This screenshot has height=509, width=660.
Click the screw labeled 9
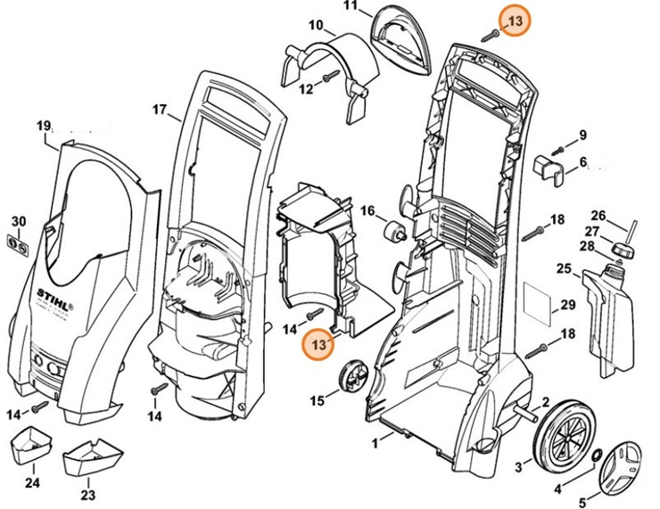pos(558,147)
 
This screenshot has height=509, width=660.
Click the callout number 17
pos(160,111)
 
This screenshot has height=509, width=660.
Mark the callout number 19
pos(45,127)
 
